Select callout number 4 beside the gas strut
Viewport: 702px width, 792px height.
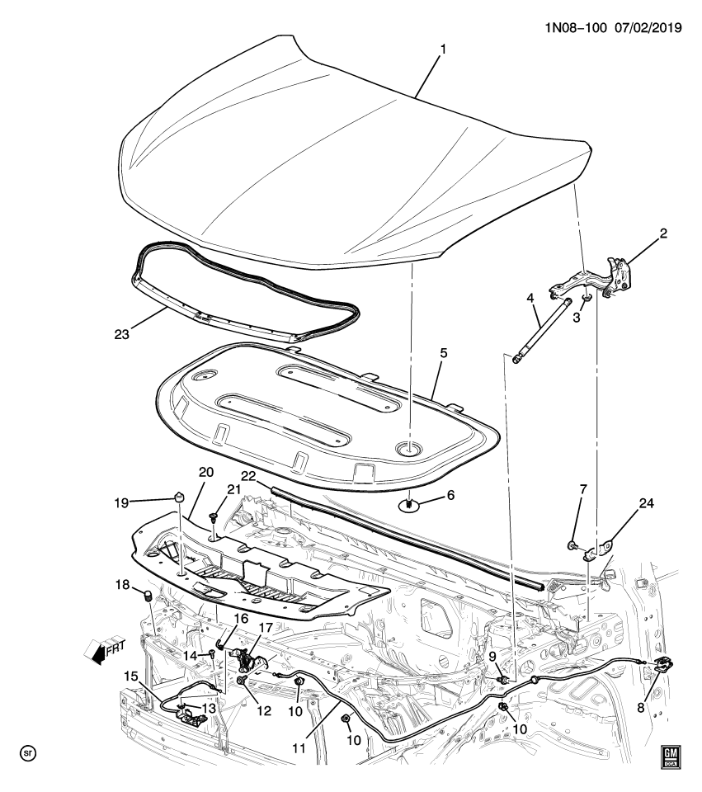click(x=530, y=298)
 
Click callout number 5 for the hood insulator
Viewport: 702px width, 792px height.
click(x=442, y=352)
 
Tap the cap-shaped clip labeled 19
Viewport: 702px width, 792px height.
click(x=177, y=497)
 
